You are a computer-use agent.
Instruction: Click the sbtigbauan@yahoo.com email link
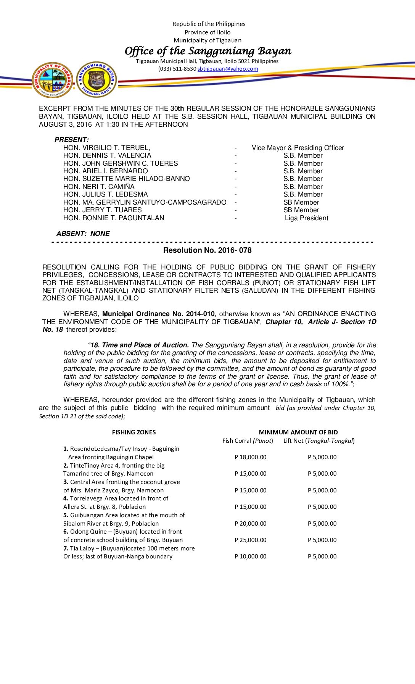pos(228,69)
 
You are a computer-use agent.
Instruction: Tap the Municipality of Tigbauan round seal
pos(53,80)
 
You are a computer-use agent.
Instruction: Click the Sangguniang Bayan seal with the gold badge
pos(97,80)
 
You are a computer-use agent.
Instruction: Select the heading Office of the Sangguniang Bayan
pos(208,51)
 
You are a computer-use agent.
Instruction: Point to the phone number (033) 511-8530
pos(177,69)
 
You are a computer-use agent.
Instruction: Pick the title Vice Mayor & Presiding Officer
pos(298,148)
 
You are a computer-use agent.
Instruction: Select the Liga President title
pos(306,218)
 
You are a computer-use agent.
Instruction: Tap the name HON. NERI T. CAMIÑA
pos(99,187)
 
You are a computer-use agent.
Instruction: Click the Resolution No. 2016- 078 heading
pos(207,250)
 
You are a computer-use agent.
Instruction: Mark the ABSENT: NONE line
pos(83,234)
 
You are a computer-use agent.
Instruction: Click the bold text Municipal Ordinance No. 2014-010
pos(158,314)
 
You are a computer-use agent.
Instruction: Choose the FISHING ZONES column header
pos(134,432)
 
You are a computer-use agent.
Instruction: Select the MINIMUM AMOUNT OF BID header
pos(298,432)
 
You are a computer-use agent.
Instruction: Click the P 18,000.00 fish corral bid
pos(251,457)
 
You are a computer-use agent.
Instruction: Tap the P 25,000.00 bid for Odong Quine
pos(251,540)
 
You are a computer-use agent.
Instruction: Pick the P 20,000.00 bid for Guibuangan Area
pos(251,524)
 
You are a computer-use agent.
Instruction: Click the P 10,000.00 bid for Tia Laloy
pos(251,557)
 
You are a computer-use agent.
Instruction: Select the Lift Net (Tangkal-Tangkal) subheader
pos(319,441)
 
